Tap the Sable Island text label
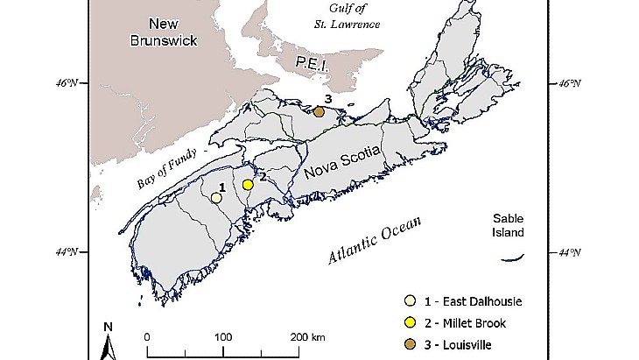(x=508, y=225)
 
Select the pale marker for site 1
(x=215, y=197)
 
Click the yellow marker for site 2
(x=249, y=185)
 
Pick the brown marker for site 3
(x=319, y=111)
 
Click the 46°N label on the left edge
(x=67, y=84)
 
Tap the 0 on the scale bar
(x=147, y=337)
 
